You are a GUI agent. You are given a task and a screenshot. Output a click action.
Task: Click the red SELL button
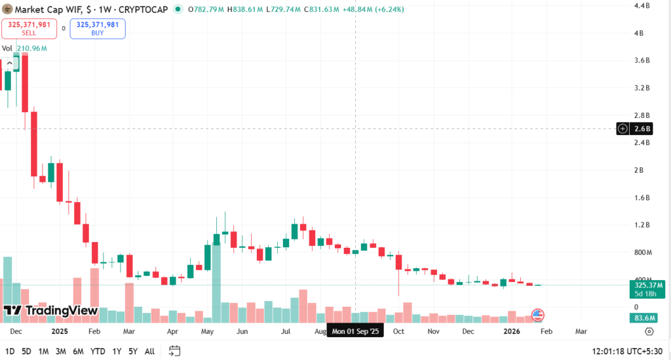pos(28,28)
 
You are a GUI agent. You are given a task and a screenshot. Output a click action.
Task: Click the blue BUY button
pos(98,28)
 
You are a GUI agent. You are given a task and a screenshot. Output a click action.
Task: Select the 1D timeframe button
pos(10,351)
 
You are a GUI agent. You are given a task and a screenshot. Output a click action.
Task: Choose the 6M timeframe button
pos(78,351)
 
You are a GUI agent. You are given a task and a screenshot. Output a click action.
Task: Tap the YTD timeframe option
pos(98,351)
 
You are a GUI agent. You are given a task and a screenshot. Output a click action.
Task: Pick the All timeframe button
pos(149,351)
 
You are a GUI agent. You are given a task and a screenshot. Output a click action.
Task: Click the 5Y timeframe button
pos(133,351)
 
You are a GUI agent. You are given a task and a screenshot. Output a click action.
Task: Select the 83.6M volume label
pos(646,318)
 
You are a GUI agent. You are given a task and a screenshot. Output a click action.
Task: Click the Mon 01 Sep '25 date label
pos(356,332)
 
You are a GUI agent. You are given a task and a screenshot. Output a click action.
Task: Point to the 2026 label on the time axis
pos(511,332)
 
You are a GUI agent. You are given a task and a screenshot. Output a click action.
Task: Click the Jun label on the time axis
pos(242,332)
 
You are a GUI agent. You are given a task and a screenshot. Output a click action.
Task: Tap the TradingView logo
pos(50,310)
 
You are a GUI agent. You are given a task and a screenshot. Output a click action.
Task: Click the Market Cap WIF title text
pos(56,9)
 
